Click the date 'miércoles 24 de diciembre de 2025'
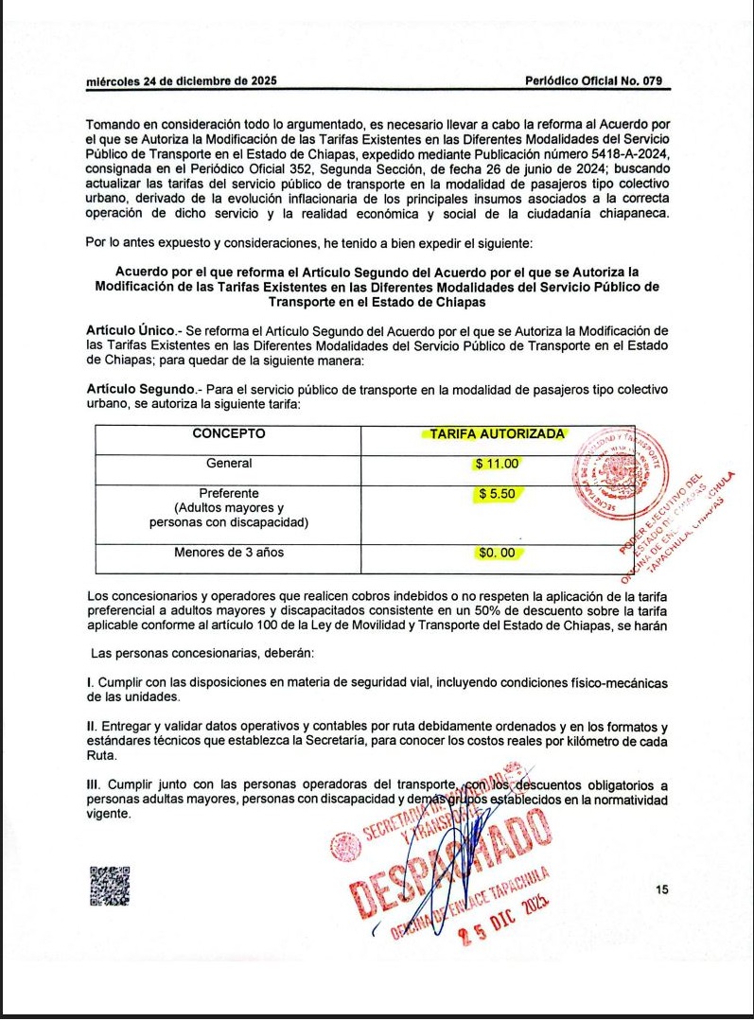click(181, 81)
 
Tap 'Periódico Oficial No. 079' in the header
click(593, 81)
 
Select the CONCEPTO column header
click(229, 434)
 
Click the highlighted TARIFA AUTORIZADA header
click(497, 434)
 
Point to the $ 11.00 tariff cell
click(498, 465)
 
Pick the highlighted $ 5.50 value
click(498, 494)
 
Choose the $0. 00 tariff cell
click(497, 553)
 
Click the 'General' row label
click(229, 464)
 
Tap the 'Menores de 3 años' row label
click(229, 553)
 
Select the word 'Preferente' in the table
click(229, 493)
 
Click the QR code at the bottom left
click(110, 887)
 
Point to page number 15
click(661, 889)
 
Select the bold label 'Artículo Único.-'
click(135, 330)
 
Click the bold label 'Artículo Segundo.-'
click(143, 390)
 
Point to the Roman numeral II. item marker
click(92, 727)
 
